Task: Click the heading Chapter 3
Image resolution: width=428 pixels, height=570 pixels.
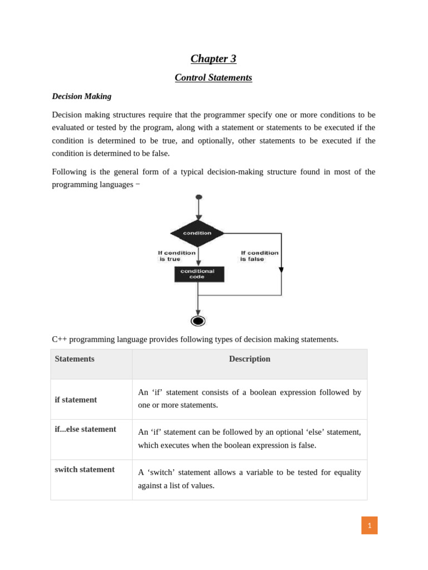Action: coord(213,59)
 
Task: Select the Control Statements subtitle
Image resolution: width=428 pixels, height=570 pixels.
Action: coord(213,78)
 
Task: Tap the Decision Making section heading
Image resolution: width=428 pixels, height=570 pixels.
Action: coord(81,96)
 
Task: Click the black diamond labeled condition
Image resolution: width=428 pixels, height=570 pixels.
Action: coord(197,233)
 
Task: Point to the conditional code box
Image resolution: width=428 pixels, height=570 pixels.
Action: coord(199,274)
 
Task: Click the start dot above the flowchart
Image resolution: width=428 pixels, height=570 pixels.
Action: coord(199,197)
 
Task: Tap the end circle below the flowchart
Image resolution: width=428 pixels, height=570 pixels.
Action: coord(198,321)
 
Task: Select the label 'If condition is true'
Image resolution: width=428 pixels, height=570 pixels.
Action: coord(177,255)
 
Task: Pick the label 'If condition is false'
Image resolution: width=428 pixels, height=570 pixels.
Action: coord(259,255)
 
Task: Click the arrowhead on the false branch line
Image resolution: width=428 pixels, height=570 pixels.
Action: coord(281,270)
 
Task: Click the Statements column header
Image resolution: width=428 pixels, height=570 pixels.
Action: coord(75,359)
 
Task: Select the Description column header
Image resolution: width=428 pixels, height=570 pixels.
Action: coord(250,359)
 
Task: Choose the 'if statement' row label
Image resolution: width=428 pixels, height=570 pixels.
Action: coord(76,400)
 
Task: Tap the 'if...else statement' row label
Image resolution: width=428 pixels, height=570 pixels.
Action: coord(85,429)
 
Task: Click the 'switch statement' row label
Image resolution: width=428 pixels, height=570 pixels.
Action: coord(85,469)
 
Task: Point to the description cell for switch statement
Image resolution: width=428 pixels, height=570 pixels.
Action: coord(249,479)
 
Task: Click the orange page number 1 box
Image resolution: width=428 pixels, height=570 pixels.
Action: coord(369,525)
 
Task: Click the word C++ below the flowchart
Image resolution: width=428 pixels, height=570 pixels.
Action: coord(59,339)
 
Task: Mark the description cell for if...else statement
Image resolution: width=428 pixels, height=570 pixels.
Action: coord(249,439)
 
